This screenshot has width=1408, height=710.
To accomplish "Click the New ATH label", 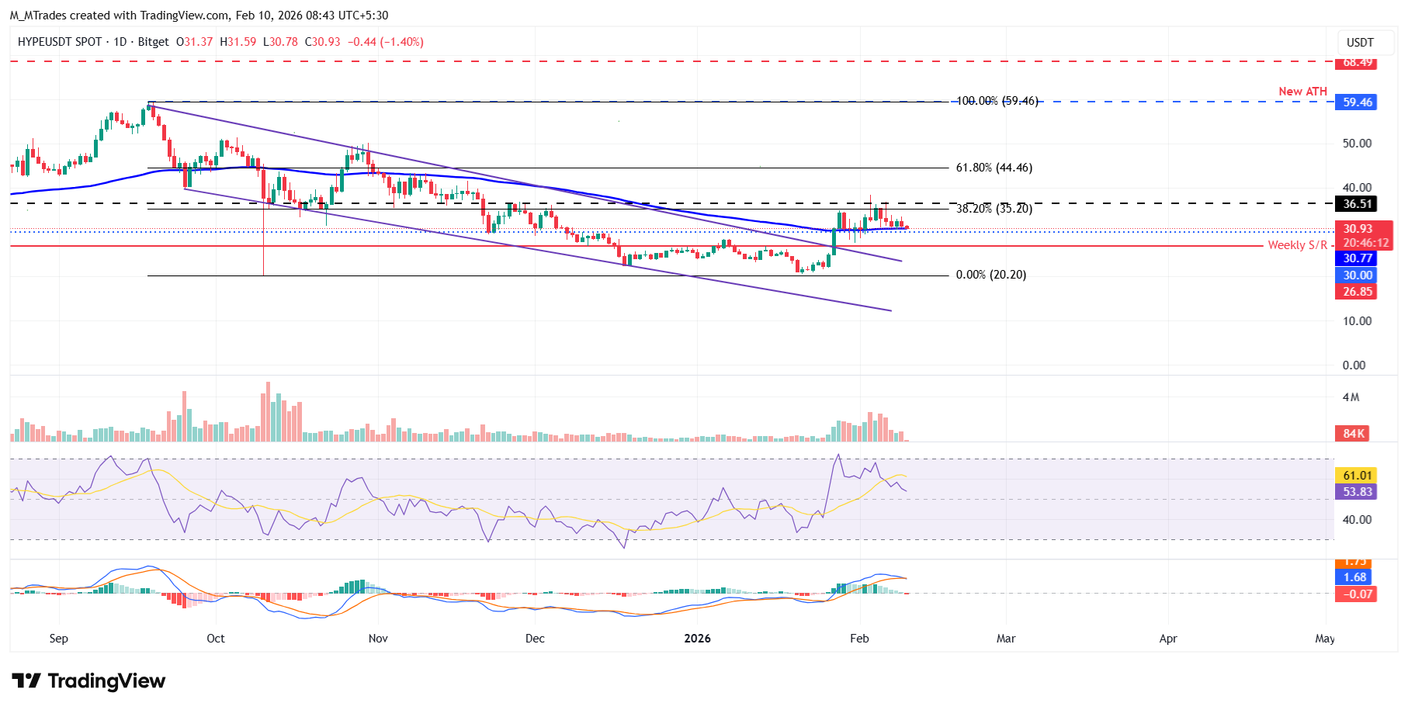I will coord(1302,92).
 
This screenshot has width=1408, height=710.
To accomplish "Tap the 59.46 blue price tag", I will coord(1357,102).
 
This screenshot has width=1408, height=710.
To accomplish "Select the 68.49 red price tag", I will coord(1357,63).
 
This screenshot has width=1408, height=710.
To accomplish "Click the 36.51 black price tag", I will coord(1357,204).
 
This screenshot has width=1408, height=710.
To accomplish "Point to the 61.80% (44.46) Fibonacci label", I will coord(994,168).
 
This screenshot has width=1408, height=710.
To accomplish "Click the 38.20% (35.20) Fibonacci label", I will coord(994,209).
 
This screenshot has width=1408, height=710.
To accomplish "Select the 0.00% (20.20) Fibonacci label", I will coord(990,275).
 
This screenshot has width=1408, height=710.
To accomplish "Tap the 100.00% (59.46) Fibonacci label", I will coord(997,101).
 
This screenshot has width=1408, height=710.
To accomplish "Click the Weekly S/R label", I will coord(1297,245).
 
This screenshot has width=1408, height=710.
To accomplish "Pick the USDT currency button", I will coord(1360,43).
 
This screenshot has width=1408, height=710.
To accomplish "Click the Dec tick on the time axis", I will coord(535,639).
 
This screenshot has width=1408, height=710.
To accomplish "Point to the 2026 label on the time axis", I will coord(697,639).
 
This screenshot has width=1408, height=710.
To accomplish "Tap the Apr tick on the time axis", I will coord(1167,639).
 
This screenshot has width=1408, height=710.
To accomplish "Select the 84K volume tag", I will coord(1354,434).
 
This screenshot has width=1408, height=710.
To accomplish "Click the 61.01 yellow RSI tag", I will coord(1357,476).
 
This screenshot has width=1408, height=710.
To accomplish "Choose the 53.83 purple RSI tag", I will coord(1357,492).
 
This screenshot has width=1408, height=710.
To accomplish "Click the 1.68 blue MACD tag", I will coord(1354,577).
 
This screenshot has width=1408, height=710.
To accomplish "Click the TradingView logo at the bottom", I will coord(88,681).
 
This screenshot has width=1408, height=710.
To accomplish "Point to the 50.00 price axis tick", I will coord(1357,144).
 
